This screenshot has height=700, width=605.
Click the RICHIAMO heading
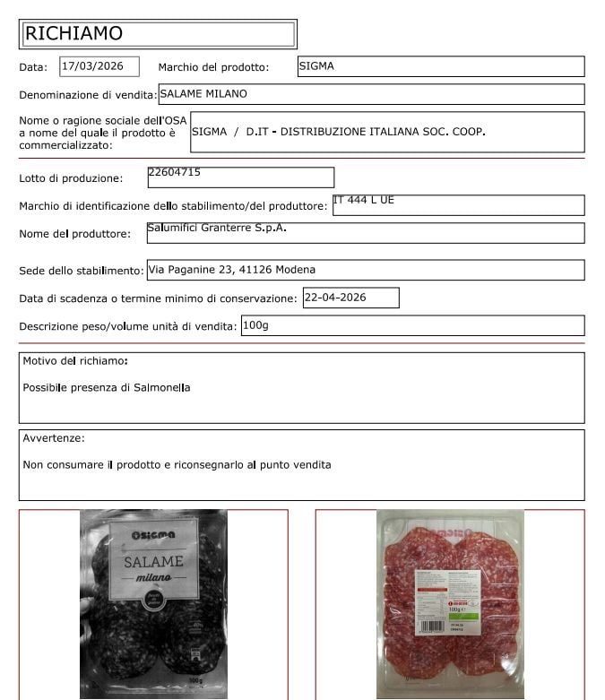(73, 34)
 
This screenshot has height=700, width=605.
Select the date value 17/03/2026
(99, 66)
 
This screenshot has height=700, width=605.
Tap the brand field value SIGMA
(316, 66)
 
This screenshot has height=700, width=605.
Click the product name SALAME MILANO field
(203, 93)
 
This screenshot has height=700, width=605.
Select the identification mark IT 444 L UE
(363, 200)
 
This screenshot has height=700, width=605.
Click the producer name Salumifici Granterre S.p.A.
(216, 229)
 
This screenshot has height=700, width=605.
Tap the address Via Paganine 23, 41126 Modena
(231, 269)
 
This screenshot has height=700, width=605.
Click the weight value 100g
(255, 325)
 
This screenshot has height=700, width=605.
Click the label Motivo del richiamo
(74, 361)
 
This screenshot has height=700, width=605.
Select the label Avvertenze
(54, 438)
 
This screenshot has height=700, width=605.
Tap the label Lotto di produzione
(71, 178)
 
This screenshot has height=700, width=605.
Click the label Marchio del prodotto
(213, 67)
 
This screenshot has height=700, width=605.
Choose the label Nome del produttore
(74, 235)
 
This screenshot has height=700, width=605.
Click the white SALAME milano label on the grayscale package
(153, 566)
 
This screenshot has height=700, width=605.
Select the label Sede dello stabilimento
(81, 271)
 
